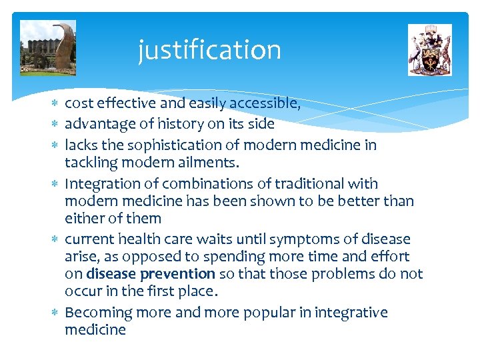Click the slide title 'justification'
pyautogui.click(x=209, y=50)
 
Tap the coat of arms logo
pyautogui.click(x=429, y=50)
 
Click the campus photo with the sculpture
pyautogui.click(x=48, y=48)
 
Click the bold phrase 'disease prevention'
pyautogui.click(x=151, y=274)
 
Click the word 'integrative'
pyautogui.click(x=351, y=313)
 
